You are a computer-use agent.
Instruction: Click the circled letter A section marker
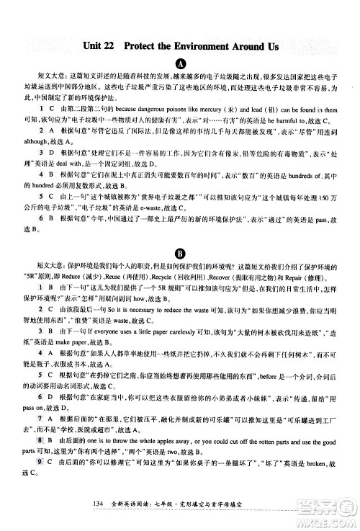pyautogui.click(x=180, y=63)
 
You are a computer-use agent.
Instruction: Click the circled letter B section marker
pyautogui.click(x=180, y=252)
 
